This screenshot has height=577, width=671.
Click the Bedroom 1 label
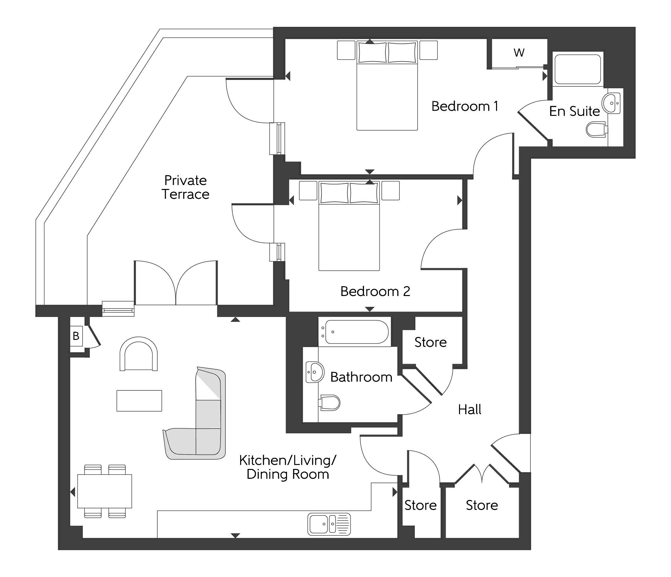click(x=465, y=106)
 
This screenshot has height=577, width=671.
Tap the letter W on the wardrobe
click(x=519, y=53)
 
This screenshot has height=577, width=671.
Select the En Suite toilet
click(x=596, y=129)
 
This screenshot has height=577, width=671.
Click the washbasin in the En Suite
click(x=611, y=103)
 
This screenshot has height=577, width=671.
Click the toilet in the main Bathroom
click(x=330, y=402)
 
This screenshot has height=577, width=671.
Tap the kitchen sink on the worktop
click(x=329, y=524)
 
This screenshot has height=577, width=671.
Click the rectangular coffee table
click(x=139, y=400)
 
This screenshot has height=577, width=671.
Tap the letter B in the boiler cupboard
click(x=76, y=336)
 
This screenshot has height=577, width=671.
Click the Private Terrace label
click(x=185, y=187)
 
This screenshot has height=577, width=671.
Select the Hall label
click(x=470, y=410)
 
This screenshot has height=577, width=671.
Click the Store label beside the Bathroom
click(x=431, y=343)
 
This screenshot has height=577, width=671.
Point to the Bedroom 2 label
click(x=375, y=291)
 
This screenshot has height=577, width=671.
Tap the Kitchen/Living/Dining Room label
click(x=288, y=467)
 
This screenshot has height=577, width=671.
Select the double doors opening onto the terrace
click(x=176, y=284)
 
